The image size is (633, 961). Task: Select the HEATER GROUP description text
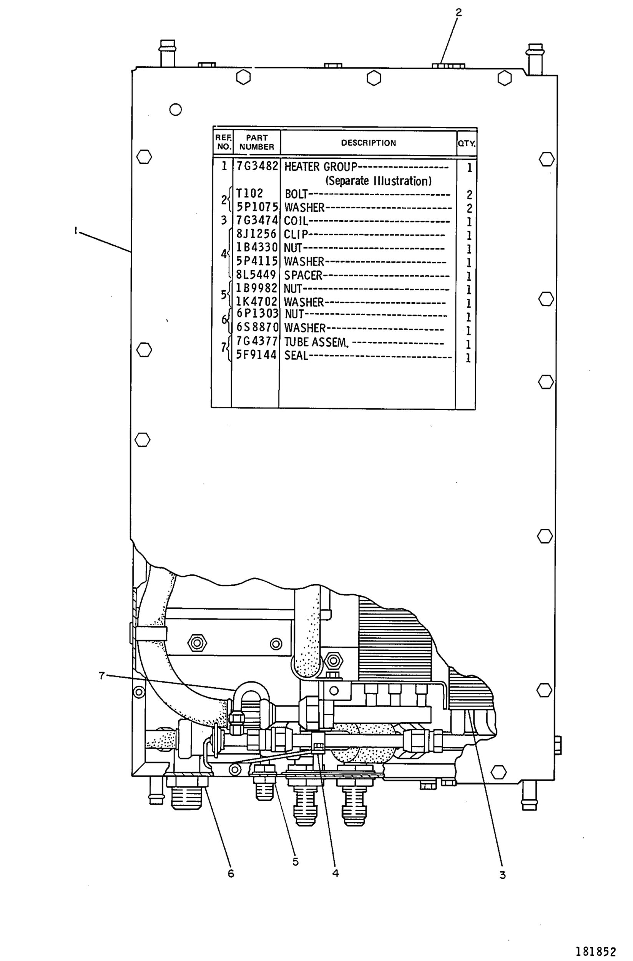point(321,166)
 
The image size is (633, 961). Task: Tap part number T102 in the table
point(249,193)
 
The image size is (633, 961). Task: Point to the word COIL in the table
point(296,221)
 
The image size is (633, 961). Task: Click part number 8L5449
point(256,274)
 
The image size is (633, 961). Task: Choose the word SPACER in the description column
point(303,275)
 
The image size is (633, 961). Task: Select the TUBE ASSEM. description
point(316,343)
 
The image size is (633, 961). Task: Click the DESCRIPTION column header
point(368,143)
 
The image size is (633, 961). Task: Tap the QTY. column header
point(467,143)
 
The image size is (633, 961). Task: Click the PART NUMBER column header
point(257,142)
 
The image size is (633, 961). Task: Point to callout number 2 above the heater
point(459,13)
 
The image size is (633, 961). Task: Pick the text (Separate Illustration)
point(379,181)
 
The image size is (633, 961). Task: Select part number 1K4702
point(256,302)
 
